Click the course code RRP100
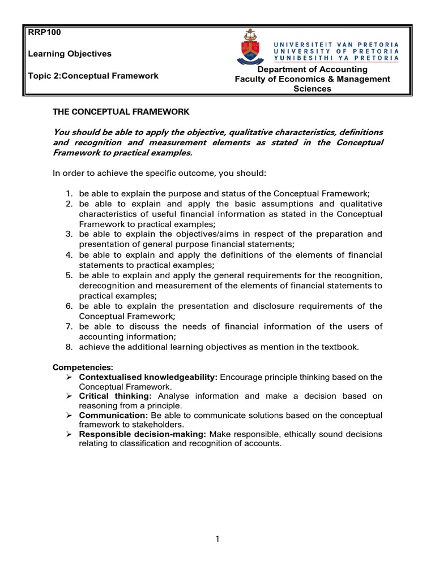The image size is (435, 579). pos(44,32)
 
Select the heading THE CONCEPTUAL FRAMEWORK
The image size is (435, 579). pos(121,112)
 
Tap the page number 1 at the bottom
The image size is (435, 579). pos(217,539)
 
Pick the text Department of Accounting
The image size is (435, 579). pos(312,69)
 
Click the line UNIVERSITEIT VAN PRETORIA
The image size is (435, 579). pos(336,44)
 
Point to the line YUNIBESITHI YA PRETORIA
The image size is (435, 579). pos(336,57)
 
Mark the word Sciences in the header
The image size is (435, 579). pos(312,88)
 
